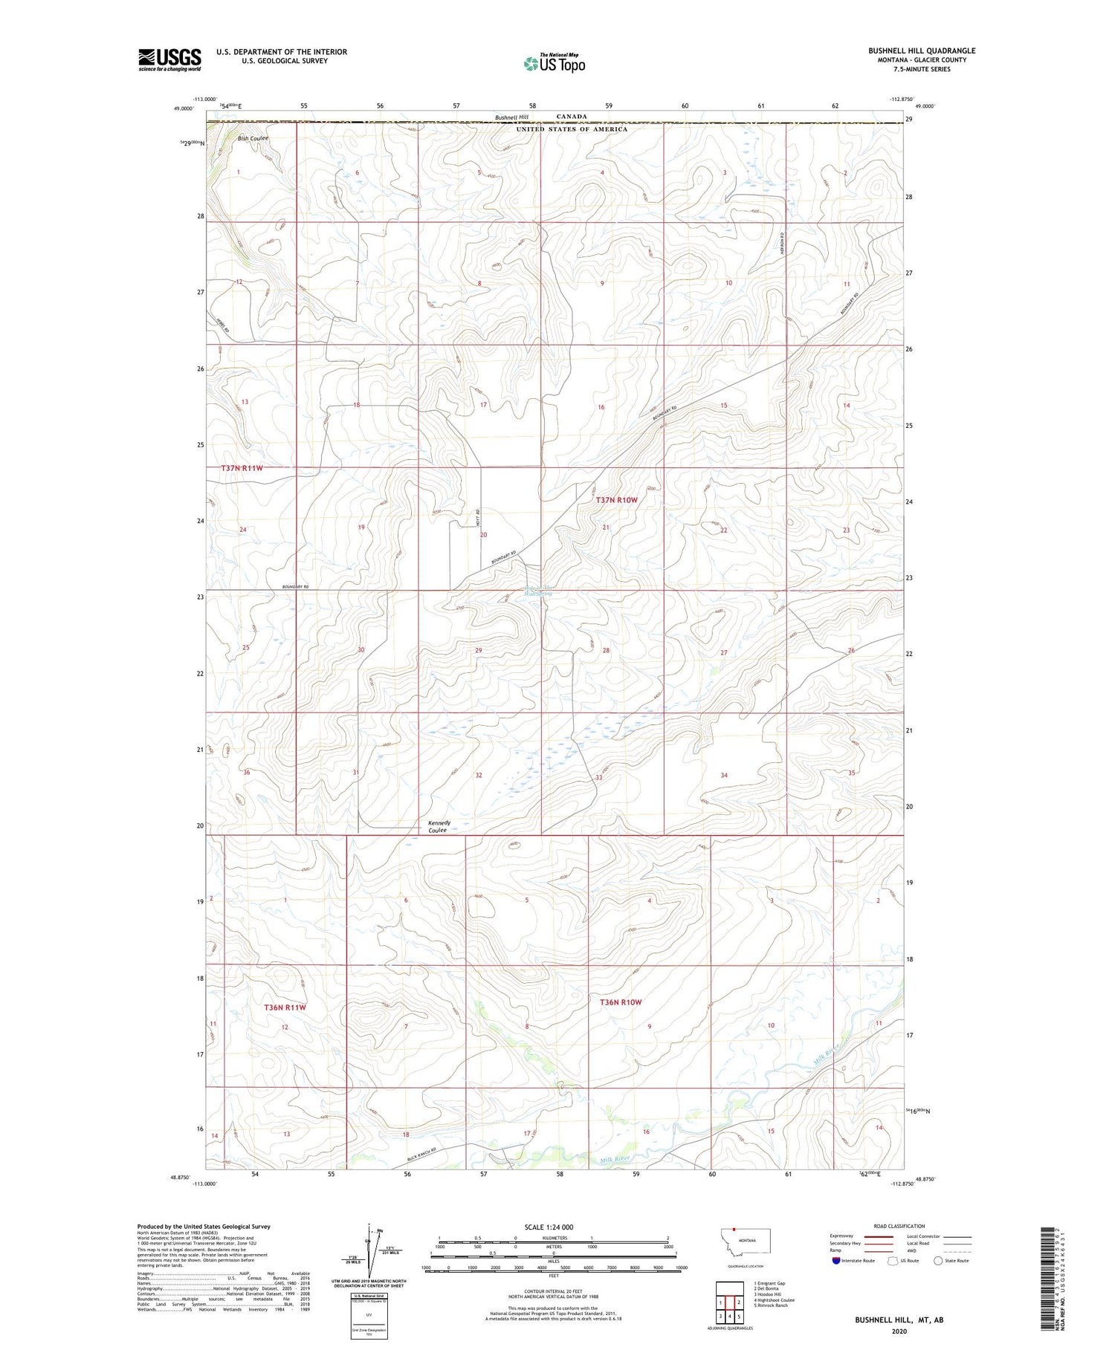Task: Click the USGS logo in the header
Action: [169, 59]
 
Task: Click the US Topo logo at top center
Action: [554, 63]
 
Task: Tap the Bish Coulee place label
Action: [253, 139]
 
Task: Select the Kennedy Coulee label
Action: [439, 826]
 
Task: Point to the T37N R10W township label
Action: [616, 500]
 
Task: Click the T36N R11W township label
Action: [285, 1007]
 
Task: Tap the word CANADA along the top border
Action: [572, 117]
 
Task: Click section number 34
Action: [723, 775]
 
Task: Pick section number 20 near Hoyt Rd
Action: [483, 535]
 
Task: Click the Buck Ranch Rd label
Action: [424, 1159]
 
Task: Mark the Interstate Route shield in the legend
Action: [837, 1260]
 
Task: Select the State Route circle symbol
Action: [938, 1260]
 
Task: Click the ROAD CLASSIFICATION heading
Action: [899, 1226]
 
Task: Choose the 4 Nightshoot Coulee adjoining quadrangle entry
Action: [773, 1299]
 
